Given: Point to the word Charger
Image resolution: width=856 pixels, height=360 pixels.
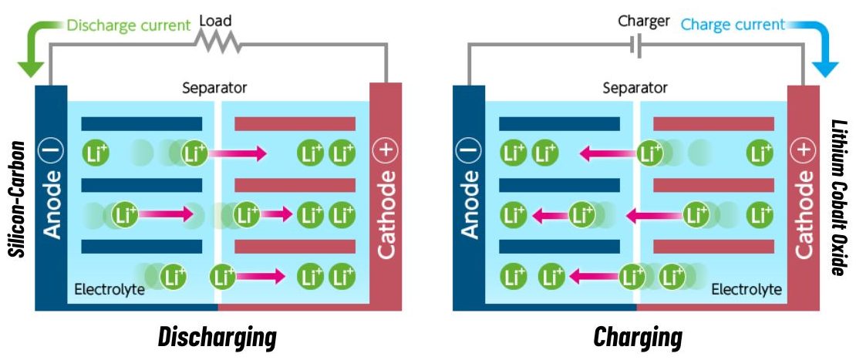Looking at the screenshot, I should (644, 21).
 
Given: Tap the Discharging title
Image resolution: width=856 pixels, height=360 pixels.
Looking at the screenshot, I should (217, 337).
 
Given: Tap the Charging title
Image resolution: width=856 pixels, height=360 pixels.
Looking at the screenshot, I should (637, 337).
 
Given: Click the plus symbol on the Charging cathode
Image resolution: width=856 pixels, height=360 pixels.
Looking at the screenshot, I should (804, 151).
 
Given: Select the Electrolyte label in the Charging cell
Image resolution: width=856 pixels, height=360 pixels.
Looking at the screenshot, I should (746, 290).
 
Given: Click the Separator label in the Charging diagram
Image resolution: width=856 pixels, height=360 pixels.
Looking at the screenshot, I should (635, 88).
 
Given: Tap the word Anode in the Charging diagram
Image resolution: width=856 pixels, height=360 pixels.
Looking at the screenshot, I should (469, 209).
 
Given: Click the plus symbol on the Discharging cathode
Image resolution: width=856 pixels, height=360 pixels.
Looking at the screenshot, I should (385, 151).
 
